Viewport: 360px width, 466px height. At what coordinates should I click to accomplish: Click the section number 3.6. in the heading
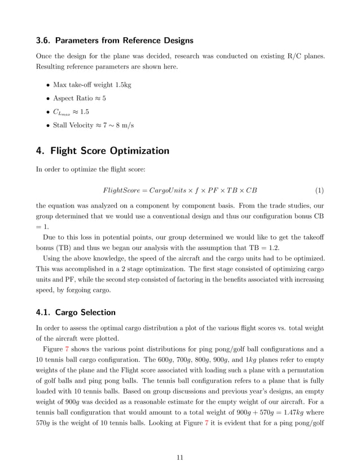44,41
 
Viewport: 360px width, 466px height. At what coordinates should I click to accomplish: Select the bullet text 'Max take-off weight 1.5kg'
92,85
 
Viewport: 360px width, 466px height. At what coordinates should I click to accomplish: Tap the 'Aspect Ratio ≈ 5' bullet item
79,98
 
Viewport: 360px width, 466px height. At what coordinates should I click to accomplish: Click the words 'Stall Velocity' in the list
71,125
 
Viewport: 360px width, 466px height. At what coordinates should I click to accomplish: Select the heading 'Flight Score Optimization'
109,151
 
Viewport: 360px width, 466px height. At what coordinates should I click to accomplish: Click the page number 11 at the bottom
180,457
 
